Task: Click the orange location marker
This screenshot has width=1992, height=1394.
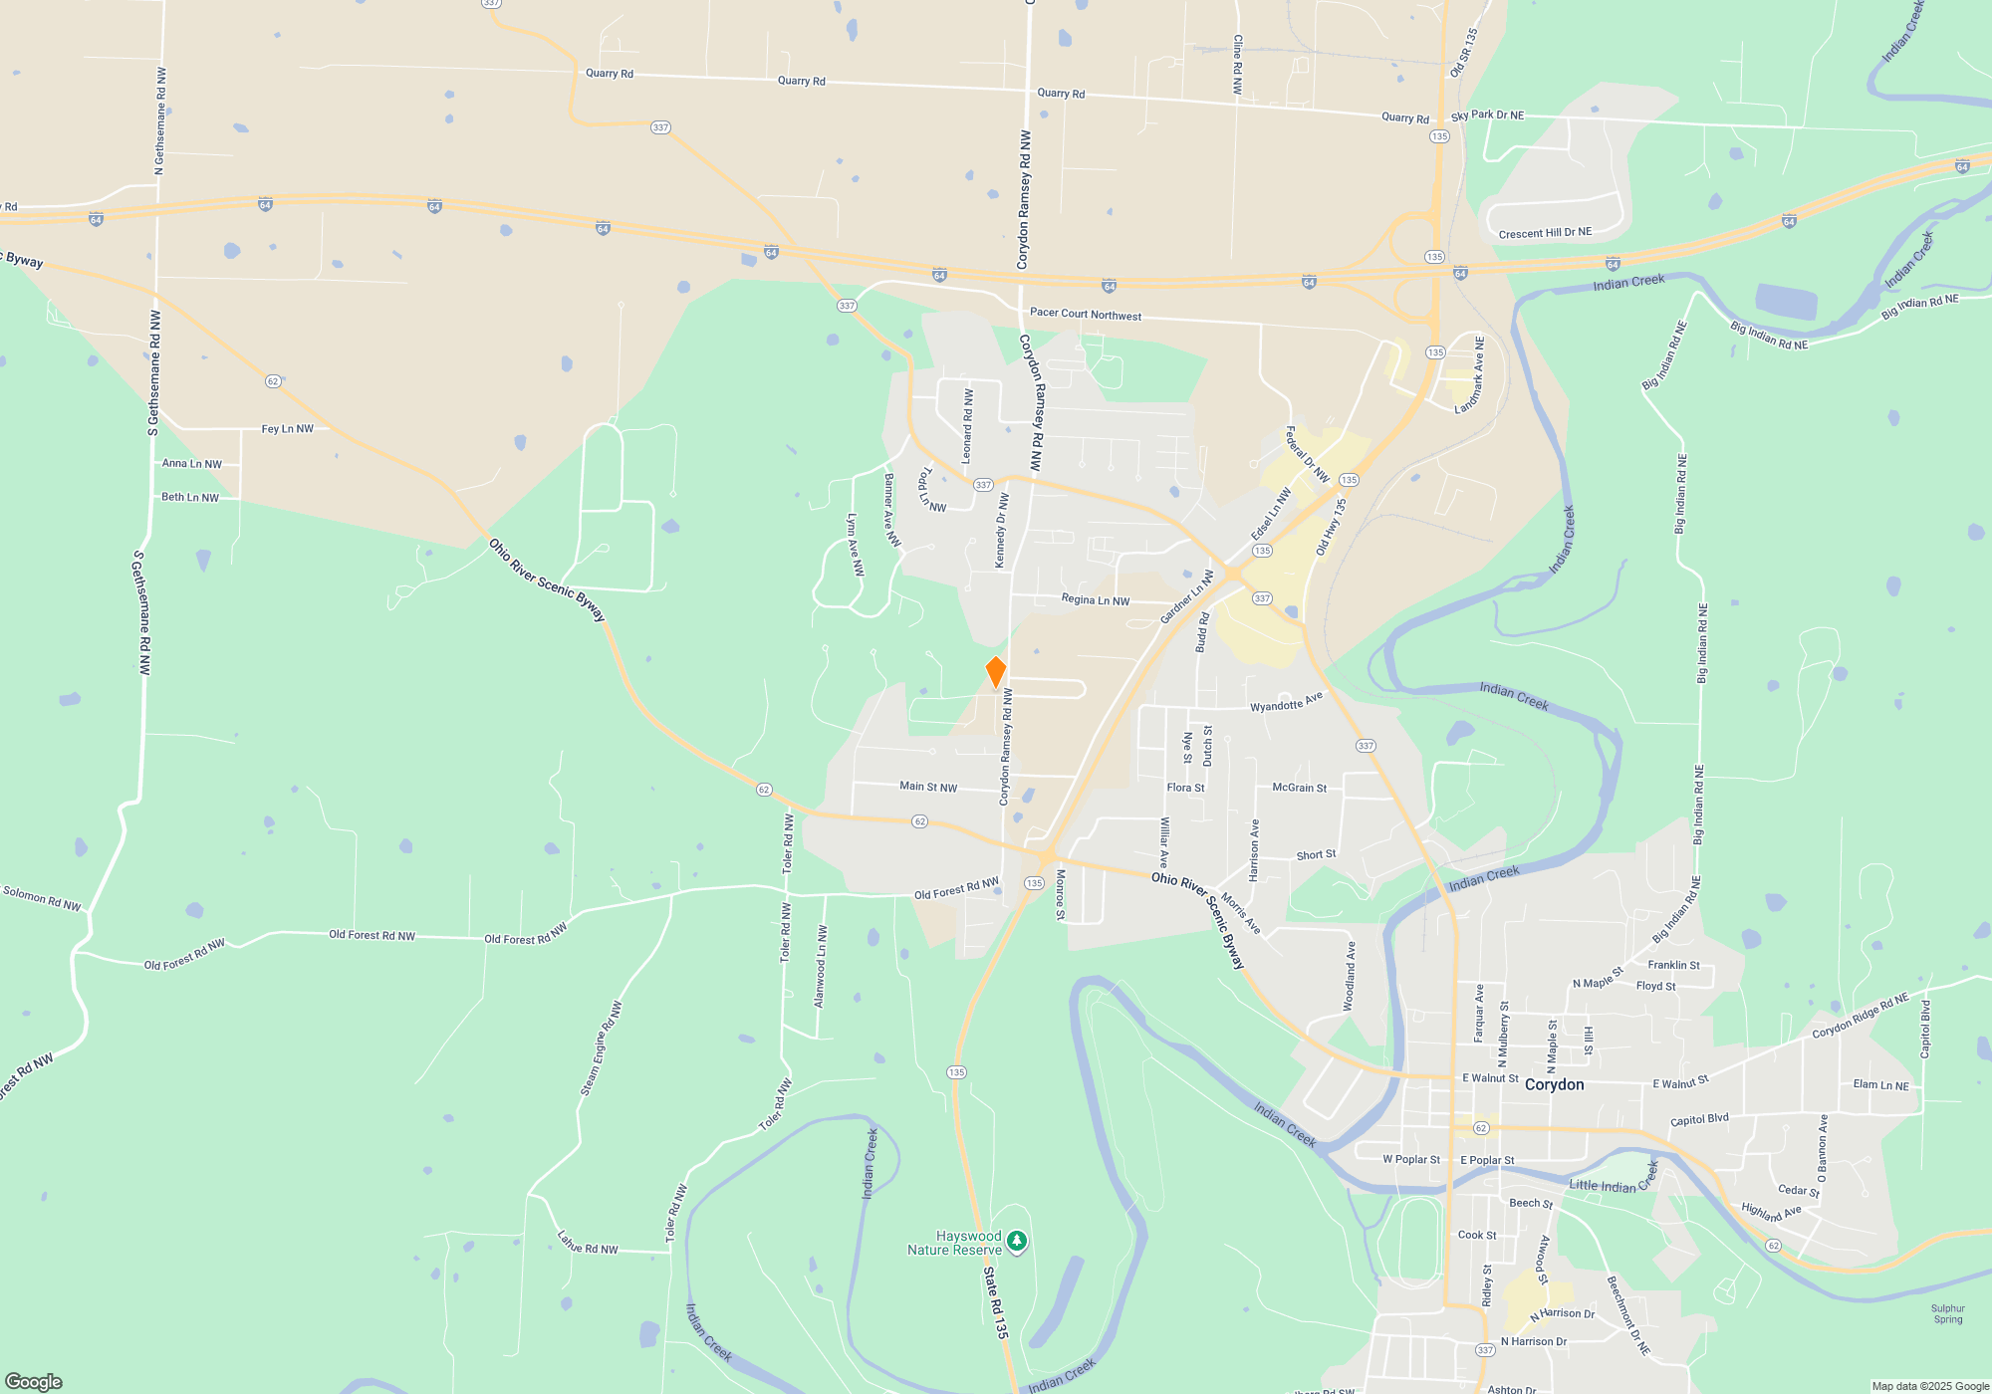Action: [995, 672]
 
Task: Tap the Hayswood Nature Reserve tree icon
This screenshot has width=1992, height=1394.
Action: [1016, 1241]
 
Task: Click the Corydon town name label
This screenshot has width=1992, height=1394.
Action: [1554, 1084]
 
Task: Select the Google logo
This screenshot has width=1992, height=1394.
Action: [34, 1381]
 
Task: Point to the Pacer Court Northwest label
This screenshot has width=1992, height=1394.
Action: [1086, 314]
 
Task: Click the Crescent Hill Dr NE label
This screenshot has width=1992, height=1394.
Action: [1545, 233]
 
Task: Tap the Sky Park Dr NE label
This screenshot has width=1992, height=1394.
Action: [1487, 116]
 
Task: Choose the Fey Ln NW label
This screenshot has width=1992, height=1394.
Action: [287, 429]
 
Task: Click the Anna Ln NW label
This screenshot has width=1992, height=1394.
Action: [192, 463]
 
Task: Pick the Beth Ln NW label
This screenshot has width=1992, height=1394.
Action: [190, 497]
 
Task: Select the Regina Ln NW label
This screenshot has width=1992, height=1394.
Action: [1096, 599]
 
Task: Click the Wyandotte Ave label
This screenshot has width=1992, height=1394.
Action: [1286, 702]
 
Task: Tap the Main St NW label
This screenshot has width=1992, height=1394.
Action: [928, 787]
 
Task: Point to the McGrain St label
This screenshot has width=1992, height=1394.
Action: [1299, 788]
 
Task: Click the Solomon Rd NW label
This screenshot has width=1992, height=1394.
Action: [42, 898]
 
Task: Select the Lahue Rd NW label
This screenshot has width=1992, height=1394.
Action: [588, 1243]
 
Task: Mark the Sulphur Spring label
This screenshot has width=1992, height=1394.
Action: [1947, 1314]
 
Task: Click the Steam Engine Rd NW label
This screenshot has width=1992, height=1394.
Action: [602, 1048]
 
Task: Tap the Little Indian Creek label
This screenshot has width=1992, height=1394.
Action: [1614, 1181]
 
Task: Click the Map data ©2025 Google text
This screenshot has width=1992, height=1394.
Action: [1930, 1386]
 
